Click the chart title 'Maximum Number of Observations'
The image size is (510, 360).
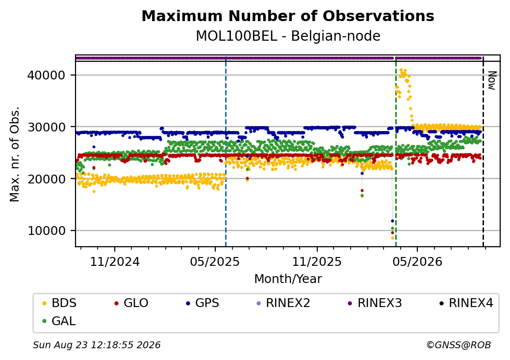(288, 16)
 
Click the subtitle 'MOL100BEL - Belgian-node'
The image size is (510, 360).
(288, 36)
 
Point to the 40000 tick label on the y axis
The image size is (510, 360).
(47, 76)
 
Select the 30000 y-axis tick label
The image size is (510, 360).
(47, 127)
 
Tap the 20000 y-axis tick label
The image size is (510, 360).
(47, 179)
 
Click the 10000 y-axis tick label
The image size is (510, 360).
(47, 231)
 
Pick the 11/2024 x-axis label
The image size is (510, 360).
(115, 262)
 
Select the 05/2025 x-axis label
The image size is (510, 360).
(215, 262)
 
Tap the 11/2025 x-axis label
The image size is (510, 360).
(317, 262)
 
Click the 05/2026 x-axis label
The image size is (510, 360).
(418, 262)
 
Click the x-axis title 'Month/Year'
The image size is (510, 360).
(288, 279)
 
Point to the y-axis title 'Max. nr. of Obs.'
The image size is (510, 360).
(15, 154)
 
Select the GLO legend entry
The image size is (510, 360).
(131, 303)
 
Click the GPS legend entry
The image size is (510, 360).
(203, 303)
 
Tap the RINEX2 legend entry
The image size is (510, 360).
(283, 303)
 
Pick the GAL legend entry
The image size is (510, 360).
(59, 321)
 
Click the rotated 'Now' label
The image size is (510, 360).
(492, 80)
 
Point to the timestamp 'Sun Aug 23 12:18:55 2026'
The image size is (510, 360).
(97, 345)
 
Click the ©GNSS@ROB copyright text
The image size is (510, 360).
(459, 345)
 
